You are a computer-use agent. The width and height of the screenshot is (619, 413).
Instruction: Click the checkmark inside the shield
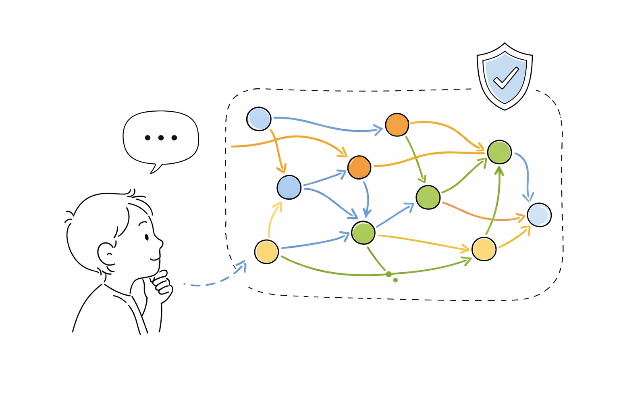(x=506, y=77)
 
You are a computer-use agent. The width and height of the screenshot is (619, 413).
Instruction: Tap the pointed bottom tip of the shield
(x=505, y=109)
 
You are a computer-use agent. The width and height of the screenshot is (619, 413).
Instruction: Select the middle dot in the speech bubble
(x=161, y=138)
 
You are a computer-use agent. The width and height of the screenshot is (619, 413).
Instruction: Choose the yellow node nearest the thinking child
(x=266, y=251)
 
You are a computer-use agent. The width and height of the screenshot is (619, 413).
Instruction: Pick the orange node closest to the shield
(x=397, y=125)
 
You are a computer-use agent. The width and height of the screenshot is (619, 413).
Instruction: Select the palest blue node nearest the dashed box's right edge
(x=539, y=215)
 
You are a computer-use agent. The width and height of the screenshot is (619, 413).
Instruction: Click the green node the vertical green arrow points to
(x=499, y=152)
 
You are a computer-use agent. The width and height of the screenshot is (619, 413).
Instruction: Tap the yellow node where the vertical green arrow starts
(x=484, y=249)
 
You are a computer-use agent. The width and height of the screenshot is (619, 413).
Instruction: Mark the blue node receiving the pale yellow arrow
(x=289, y=187)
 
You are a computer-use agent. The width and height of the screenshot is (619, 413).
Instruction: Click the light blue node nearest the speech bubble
(x=258, y=119)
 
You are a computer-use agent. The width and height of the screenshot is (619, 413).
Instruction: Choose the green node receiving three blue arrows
(x=363, y=232)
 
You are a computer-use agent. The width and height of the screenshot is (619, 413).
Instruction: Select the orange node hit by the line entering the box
(x=359, y=167)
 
